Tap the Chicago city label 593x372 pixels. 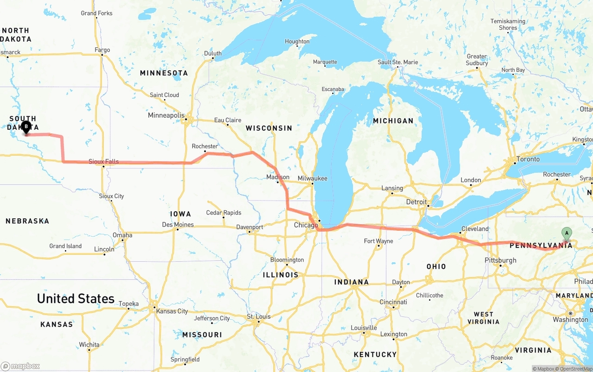[x=306, y=226]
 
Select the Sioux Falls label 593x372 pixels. [x=104, y=162]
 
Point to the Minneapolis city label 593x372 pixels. [x=166, y=115]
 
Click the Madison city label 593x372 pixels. [x=278, y=177]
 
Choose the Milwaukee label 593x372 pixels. [x=312, y=178]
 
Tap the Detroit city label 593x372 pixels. [x=416, y=202]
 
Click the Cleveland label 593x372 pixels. [x=475, y=229]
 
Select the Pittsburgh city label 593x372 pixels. [x=500, y=260]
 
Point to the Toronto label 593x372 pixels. [x=528, y=159]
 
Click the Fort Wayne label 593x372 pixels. [x=379, y=241]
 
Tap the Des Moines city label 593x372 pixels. [x=178, y=225]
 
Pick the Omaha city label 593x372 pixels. [x=122, y=235]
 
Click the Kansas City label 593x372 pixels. [x=172, y=311]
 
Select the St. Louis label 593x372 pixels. [x=259, y=316]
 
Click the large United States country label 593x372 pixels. [x=76, y=299]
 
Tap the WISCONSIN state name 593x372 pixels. [x=269, y=128]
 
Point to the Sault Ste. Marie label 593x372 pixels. [x=397, y=62]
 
